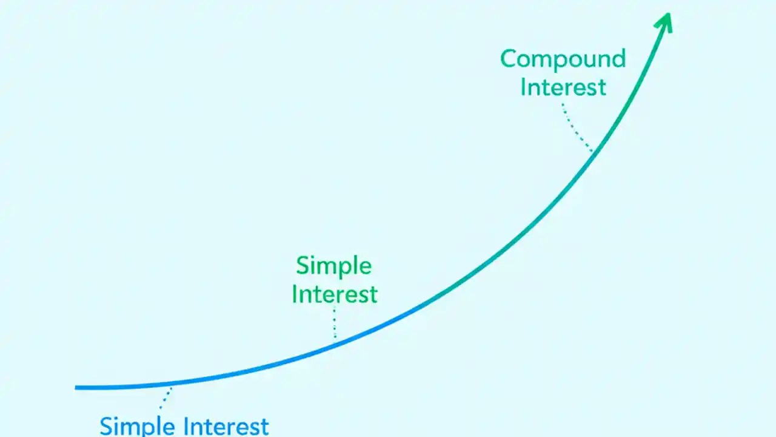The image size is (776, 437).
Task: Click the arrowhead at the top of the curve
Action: (x=664, y=20)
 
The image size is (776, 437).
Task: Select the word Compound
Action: (x=563, y=59)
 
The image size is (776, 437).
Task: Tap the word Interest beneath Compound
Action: (x=563, y=87)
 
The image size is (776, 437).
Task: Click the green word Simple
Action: (x=333, y=266)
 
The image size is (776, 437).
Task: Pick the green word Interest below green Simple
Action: (x=335, y=294)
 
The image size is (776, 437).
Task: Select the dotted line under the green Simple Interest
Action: (x=335, y=322)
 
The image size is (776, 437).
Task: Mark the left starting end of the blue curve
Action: (x=77, y=387)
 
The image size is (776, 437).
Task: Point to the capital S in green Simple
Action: (x=303, y=266)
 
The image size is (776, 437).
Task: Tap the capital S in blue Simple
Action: (x=107, y=425)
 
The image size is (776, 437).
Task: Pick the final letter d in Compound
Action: (x=618, y=58)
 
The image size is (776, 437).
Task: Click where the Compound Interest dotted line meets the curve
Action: (x=592, y=150)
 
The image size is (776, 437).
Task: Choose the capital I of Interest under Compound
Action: (x=524, y=87)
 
